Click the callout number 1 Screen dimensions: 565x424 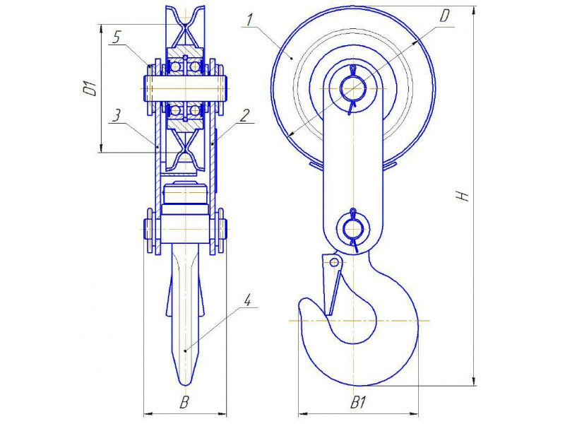coord(249,20)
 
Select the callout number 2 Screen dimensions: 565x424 coord(244,116)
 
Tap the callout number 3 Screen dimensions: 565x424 coord(116,117)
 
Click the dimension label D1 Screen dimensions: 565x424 coord(90,89)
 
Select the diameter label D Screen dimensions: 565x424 coord(446,16)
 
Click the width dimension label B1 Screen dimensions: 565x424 coord(358,402)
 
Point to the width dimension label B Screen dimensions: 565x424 coord(184,402)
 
